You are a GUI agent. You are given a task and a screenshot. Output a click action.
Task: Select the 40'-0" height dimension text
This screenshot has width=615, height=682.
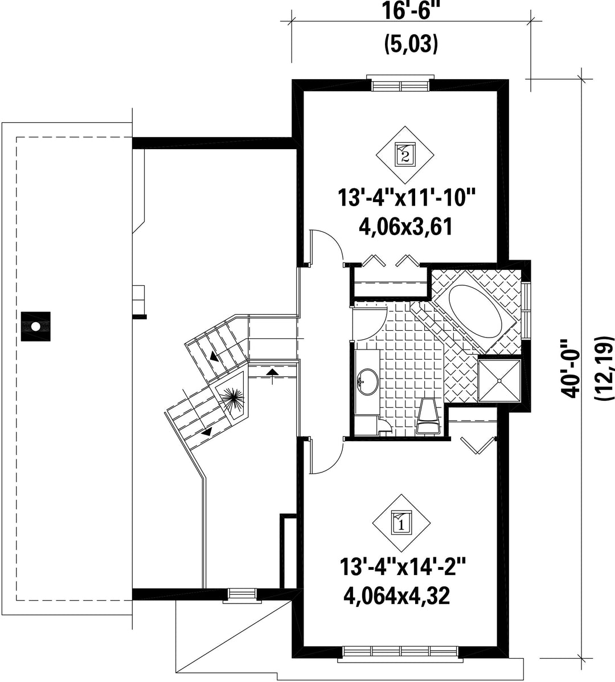571,368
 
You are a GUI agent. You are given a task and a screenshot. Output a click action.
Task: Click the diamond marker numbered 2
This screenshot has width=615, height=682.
405,155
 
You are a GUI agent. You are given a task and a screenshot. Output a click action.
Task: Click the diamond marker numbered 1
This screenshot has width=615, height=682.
401,522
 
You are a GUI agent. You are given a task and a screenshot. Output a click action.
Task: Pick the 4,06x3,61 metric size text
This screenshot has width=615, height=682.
405,227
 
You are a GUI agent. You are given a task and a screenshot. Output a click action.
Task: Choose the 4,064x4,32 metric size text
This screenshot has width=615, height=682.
396,595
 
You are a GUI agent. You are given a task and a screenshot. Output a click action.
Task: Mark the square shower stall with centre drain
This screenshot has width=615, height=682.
499,381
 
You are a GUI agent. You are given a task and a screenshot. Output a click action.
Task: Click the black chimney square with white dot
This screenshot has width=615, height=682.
36,326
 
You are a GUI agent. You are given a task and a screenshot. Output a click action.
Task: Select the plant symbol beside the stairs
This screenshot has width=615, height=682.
233,396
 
